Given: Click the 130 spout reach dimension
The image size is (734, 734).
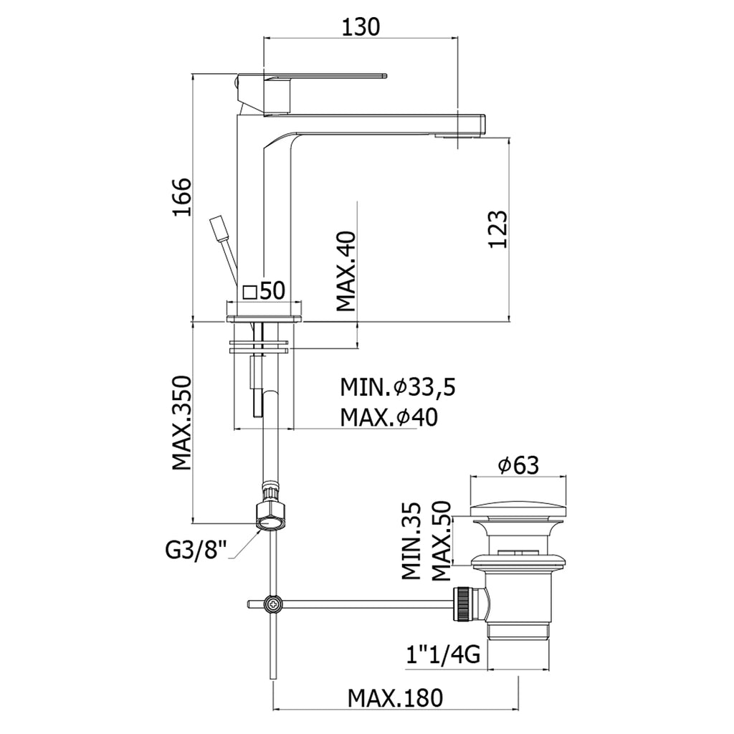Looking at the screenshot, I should pyautogui.click(x=360, y=27).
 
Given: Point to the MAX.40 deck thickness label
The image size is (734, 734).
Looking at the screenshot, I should pyautogui.click(x=346, y=271).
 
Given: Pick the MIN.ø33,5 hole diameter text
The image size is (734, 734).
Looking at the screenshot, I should pyautogui.click(x=398, y=388).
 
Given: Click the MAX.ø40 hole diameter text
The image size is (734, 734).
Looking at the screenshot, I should pyautogui.click(x=389, y=416).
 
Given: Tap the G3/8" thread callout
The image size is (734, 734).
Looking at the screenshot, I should pyautogui.click(x=196, y=550).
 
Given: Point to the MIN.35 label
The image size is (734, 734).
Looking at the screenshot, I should pyautogui.click(x=411, y=540).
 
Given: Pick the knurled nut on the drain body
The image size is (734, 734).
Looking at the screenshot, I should pyautogui.click(x=464, y=604).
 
